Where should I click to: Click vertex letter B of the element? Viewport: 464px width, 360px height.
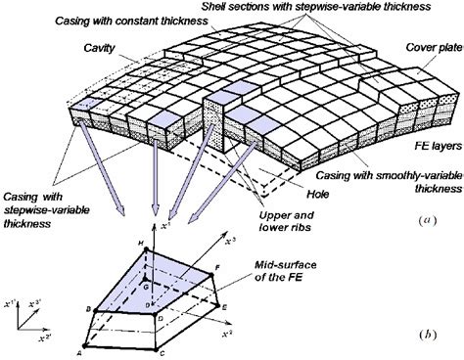tap(87, 309)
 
